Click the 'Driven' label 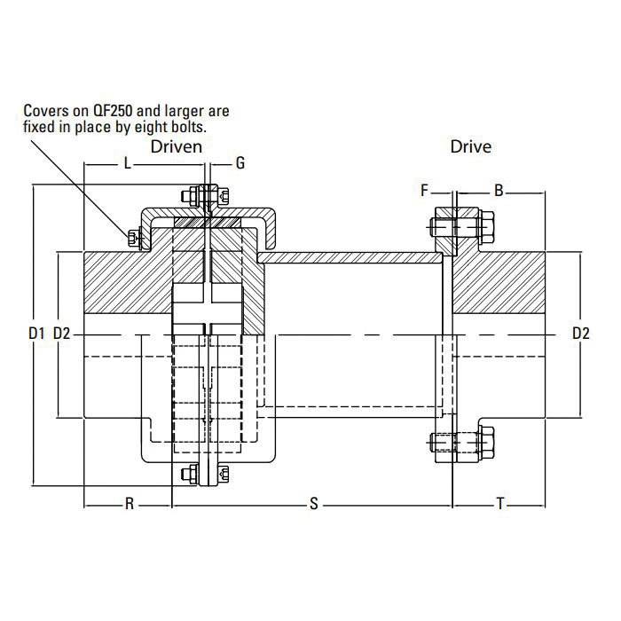(177, 145)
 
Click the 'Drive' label (470, 145)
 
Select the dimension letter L (127, 164)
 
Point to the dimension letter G (240, 164)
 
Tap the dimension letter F (424, 190)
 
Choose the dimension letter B (499, 190)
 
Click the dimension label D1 (35, 334)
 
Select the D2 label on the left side (63, 334)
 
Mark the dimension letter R (129, 505)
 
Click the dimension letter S (313, 505)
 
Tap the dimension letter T (500, 505)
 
